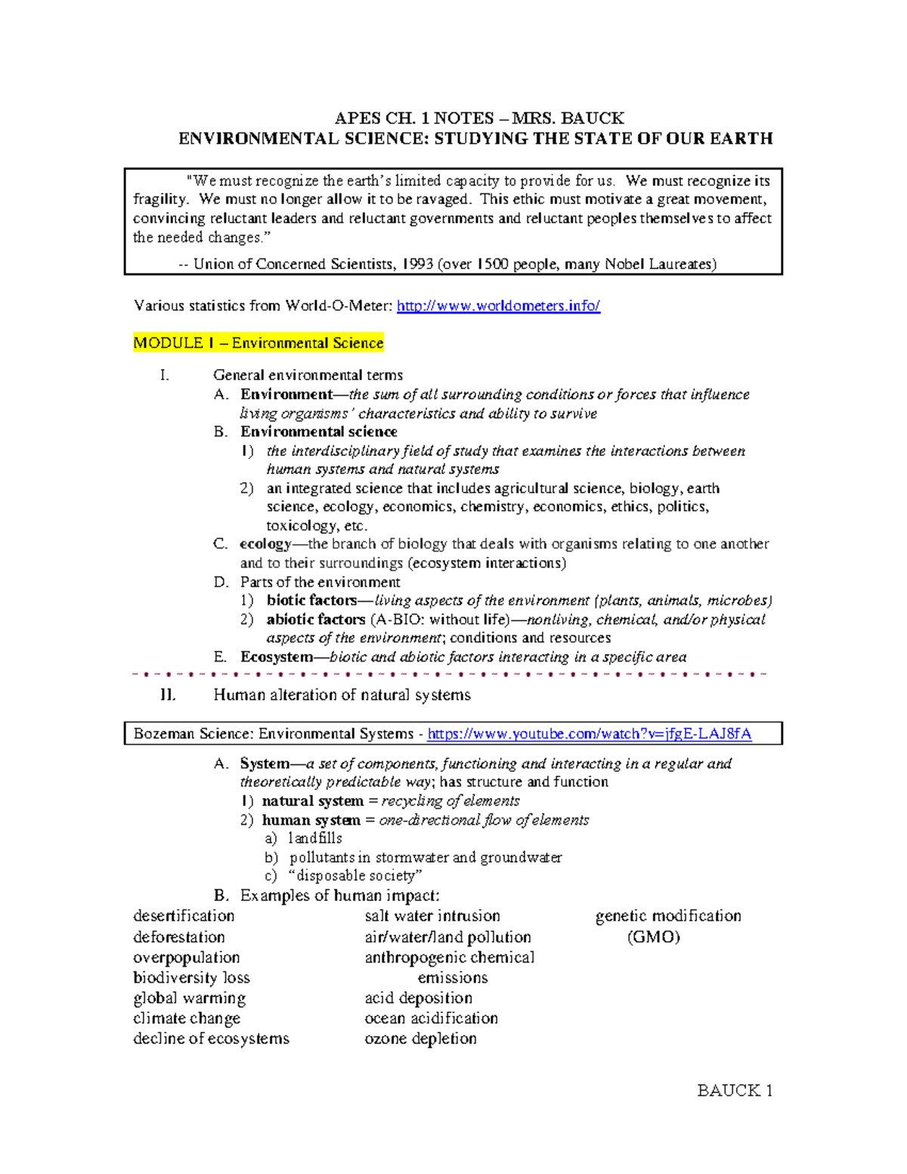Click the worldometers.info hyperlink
point(498,306)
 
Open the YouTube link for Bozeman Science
point(590,734)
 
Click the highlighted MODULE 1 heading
point(258,343)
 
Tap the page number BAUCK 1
point(734,1090)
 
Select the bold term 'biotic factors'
point(311,600)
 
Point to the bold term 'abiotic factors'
point(316,619)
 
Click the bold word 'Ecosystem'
point(276,657)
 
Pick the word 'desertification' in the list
point(184,915)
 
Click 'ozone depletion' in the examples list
point(420,1039)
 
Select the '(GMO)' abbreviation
point(653,937)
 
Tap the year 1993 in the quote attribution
point(417,265)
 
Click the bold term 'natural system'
point(312,801)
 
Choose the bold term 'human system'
point(311,820)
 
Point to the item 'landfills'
point(315,838)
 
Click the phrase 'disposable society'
point(355,875)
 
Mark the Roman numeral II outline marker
point(168,695)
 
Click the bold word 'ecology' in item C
point(265,544)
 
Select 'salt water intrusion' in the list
point(432,915)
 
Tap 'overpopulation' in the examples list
point(186,957)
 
